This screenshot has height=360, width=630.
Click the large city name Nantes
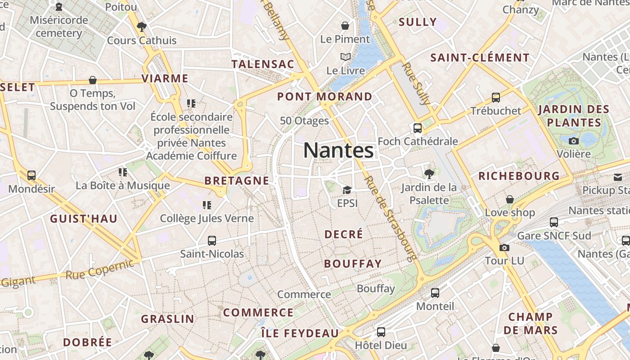click(338, 150)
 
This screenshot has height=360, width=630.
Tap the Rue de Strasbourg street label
click(389, 218)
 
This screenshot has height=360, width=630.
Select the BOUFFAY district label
click(352, 264)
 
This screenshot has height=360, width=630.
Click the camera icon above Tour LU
click(504, 247)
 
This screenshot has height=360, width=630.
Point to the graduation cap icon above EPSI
click(346, 190)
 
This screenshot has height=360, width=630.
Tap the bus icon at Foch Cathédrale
click(418, 128)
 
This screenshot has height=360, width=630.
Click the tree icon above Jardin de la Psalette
click(429, 173)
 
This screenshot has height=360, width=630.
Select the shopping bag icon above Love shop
click(510, 199)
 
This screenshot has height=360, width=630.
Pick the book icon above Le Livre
click(345, 57)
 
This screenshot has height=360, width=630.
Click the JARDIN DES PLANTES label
click(573, 116)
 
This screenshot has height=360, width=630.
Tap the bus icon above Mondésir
click(31, 175)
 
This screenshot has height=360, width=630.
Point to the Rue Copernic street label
click(100, 269)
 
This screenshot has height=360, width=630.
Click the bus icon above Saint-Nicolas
click(212, 241)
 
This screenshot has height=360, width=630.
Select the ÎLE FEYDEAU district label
click(300, 333)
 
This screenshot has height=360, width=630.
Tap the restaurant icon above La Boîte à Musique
click(122, 172)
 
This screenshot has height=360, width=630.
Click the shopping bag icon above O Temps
click(93, 80)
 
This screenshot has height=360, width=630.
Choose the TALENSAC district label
click(263, 64)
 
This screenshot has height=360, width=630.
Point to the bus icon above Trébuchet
click(495, 97)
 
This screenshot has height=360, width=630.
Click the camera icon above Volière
click(573, 141)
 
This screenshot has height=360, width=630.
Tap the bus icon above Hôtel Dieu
click(381, 332)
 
